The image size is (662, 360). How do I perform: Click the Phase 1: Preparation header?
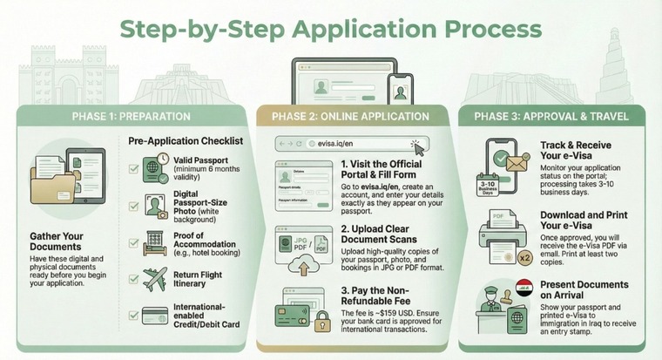coord(132,116)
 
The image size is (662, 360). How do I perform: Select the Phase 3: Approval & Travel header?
coord(552,116)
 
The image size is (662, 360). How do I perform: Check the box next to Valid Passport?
coord(133,168)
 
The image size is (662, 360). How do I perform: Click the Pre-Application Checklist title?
coord(185,140)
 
